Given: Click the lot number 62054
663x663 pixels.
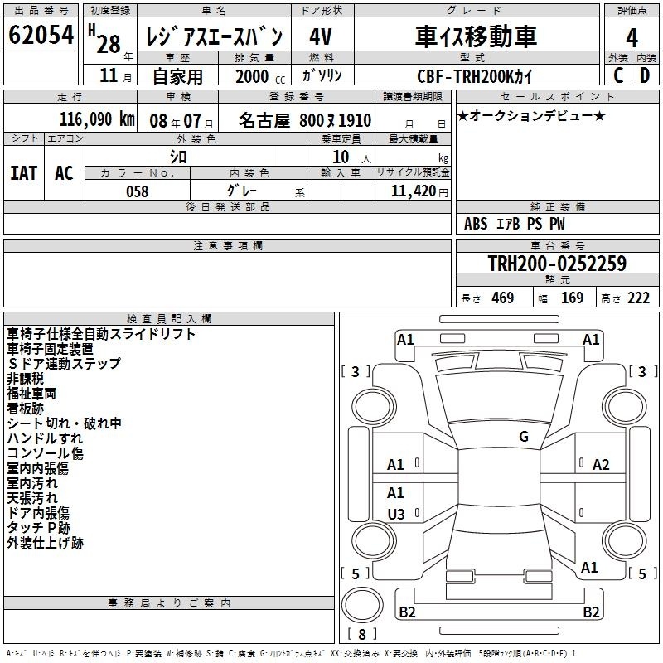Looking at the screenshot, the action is pyautogui.click(x=41, y=35).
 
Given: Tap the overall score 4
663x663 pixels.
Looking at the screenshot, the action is pyautogui.click(x=632, y=38).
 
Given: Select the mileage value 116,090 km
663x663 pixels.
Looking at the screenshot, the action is pyautogui.click(x=97, y=119).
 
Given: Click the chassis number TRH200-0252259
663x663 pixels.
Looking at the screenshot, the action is pyautogui.click(x=557, y=263).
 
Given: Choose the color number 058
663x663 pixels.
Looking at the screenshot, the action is pyautogui.click(x=138, y=191).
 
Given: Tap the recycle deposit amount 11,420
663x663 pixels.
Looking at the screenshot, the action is pyautogui.click(x=413, y=191).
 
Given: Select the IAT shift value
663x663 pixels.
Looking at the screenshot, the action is pyautogui.click(x=24, y=173).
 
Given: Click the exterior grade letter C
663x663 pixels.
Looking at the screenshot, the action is pyautogui.click(x=618, y=75).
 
